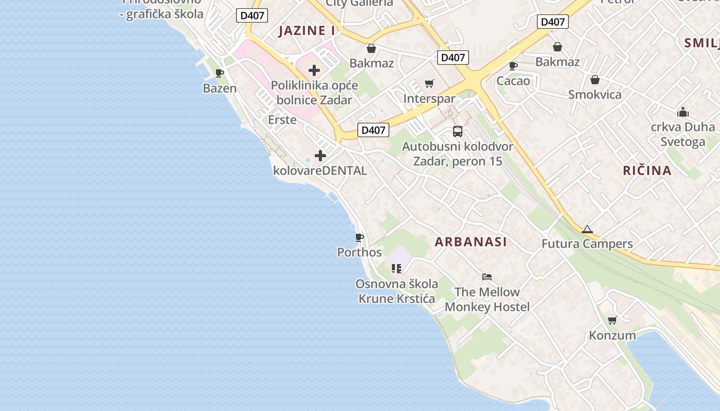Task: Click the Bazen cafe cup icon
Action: coord(220,73)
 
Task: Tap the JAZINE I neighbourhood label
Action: coord(307,30)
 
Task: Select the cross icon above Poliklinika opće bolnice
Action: coord(314,70)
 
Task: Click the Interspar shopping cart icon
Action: coord(429,83)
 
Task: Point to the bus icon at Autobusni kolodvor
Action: coord(458,132)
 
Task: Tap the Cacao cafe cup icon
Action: coord(513,66)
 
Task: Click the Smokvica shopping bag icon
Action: coord(595,80)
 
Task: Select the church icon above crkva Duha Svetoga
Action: coord(682,112)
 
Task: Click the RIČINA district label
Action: coord(647,171)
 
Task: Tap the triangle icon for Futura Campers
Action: coord(587,229)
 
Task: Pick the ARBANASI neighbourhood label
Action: coord(471,241)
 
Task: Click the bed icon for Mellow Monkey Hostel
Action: coord(487,277)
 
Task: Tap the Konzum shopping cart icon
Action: coord(612,321)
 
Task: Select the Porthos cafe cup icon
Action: coord(359,237)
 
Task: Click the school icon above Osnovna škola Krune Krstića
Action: coord(396,269)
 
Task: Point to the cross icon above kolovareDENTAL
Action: coord(320,155)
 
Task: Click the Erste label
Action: coord(282,120)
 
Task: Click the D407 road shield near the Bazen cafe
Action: coord(252,15)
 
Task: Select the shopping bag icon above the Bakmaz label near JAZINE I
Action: coord(371,48)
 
